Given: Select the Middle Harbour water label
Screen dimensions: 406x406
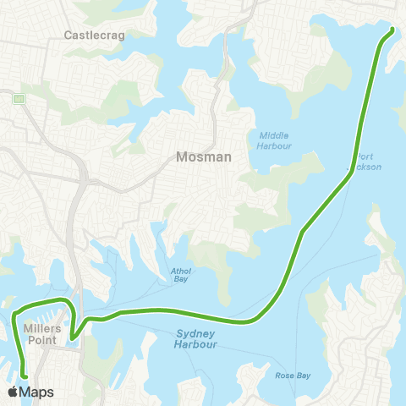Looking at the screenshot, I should (275, 140).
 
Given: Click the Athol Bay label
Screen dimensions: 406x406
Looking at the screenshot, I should (178, 276).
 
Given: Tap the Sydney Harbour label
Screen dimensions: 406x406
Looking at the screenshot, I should (196, 339).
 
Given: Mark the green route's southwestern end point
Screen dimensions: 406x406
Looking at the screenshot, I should (25, 377).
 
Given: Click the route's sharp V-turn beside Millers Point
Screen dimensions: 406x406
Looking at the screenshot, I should (73, 337).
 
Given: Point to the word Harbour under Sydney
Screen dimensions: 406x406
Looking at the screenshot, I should (196, 345).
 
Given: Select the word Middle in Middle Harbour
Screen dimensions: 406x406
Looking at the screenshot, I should (275, 134).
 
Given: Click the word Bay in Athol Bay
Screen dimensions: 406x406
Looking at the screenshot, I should (178, 281).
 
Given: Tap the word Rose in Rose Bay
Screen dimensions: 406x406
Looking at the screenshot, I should (283, 375).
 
